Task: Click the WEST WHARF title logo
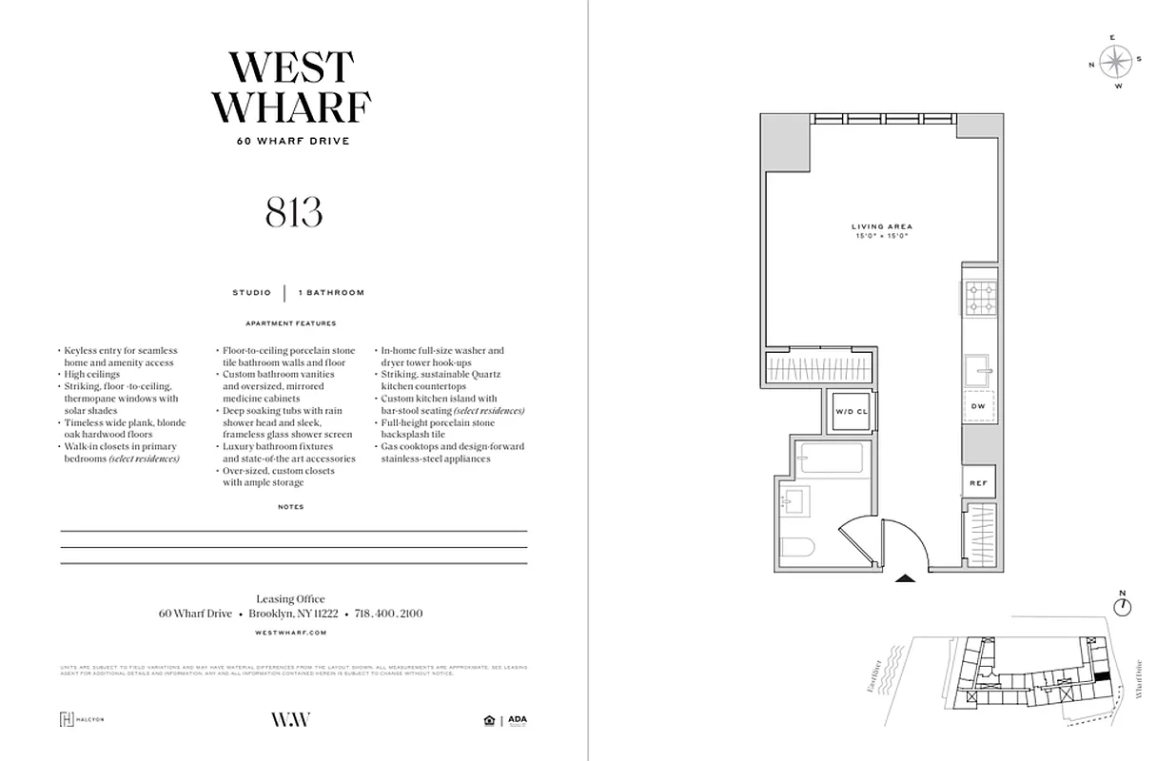click(292, 88)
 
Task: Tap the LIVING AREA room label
click(881, 226)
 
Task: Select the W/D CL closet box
click(852, 412)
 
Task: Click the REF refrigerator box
click(978, 483)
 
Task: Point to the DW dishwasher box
click(978, 406)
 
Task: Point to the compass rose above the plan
click(1116, 62)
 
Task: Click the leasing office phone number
click(388, 615)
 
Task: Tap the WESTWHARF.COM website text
click(292, 633)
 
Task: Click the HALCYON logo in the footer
click(82, 719)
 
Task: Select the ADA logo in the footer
click(518, 720)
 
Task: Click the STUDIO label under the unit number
click(251, 293)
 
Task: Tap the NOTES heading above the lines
click(291, 507)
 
